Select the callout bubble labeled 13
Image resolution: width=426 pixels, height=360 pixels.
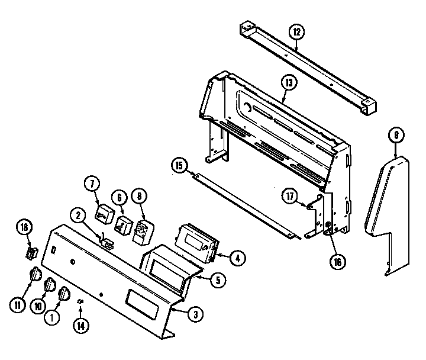point(288,83)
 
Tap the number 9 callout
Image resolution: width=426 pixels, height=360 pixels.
point(396,136)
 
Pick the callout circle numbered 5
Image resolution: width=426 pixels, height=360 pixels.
point(217,281)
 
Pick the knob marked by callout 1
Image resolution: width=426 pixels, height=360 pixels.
point(64,294)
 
